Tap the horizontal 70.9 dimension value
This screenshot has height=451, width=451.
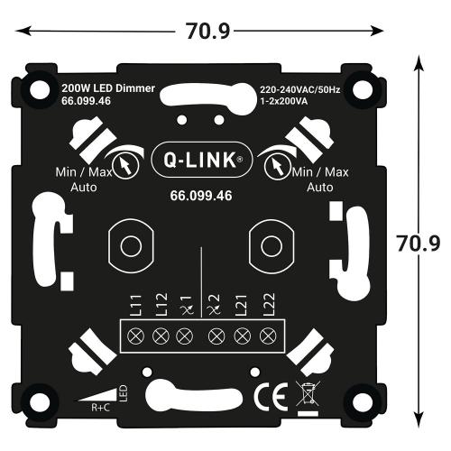point(208,31)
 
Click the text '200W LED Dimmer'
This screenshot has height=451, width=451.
point(107,89)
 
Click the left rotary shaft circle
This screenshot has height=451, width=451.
point(129,244)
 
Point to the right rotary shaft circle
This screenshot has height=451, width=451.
point(268,244)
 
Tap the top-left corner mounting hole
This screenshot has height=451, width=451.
point(40,88)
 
